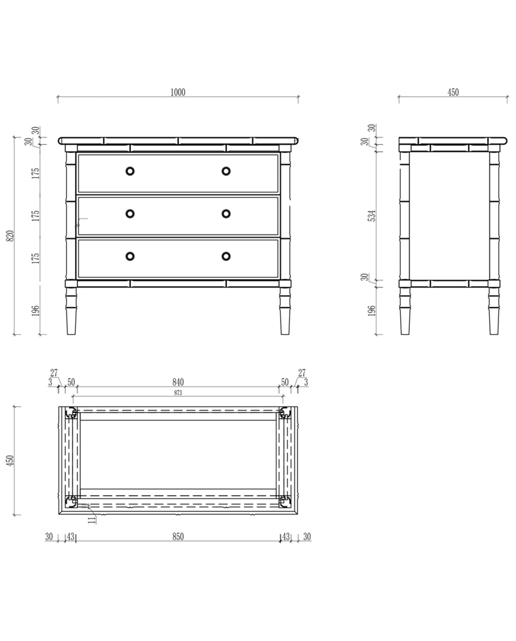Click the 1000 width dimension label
pos(178,93)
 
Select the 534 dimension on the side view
pos(372,216)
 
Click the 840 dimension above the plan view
pos(178,382)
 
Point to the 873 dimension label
pos(178,393)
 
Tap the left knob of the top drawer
pos(130,171)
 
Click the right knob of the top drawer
pos(226,171)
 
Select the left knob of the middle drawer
pos(130,214)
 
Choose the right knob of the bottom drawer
pos(226,256)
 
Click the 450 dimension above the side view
pos(453,93)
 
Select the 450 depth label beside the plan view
pos(10,461)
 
